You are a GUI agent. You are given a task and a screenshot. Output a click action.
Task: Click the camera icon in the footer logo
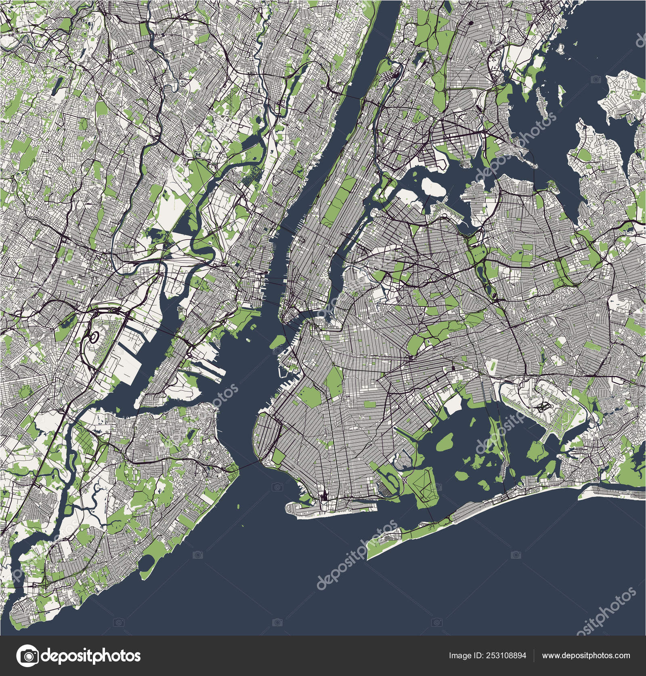coord(28,655)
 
